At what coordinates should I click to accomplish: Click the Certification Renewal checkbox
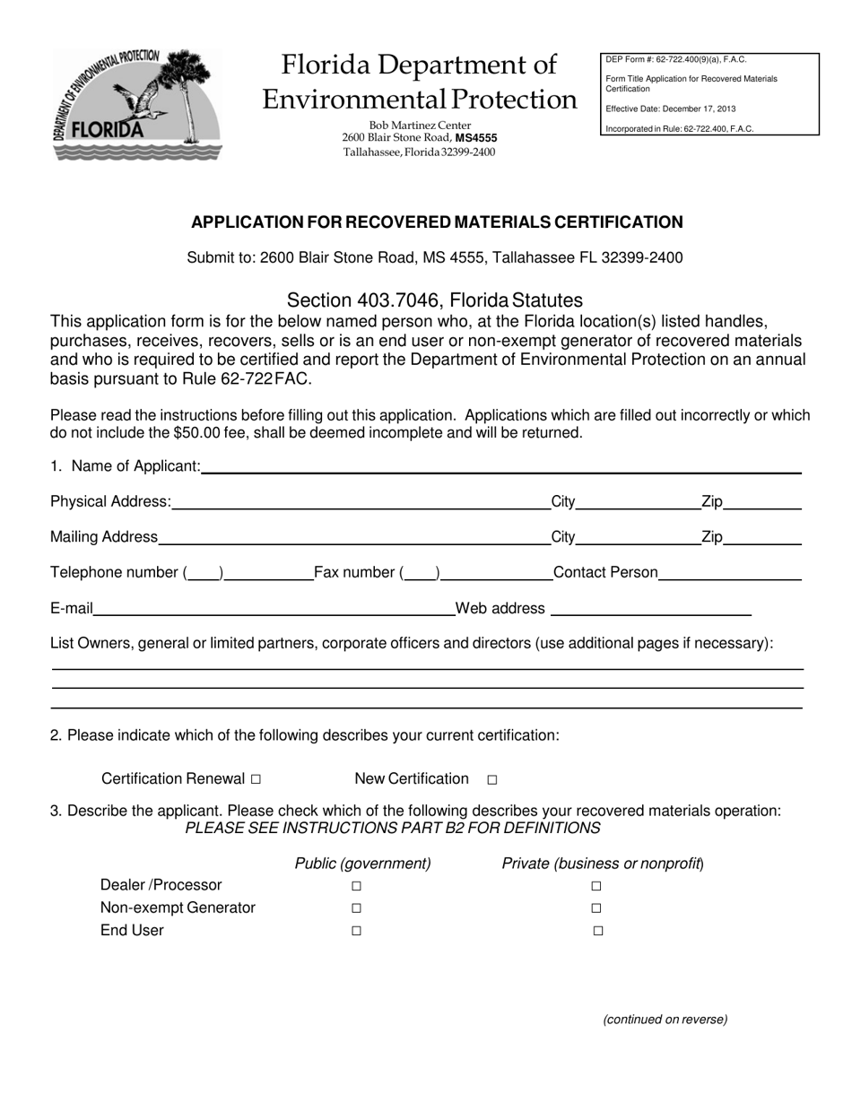click(x=256, y=780)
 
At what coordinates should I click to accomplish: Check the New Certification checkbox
click(x=491, y=780)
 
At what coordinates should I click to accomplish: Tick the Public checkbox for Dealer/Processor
click(x=356, y=886)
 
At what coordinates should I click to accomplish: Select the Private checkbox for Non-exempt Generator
click(x=596, y=908)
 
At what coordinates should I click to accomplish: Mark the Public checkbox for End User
click(x=356, y=931)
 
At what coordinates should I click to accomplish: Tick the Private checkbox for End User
click(x=598, y=931)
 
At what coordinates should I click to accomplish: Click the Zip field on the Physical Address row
click(x=761, y=501)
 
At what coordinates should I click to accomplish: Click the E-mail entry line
click(x=274, y=609)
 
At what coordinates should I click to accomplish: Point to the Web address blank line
click(x=650, y=609)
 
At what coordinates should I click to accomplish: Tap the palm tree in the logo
click(x=190, y=85)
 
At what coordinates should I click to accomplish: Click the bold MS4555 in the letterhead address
click(x=476, y=138)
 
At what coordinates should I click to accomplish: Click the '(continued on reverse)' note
click(x=665, y=1019)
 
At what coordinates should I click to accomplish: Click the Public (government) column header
click(x=362, y=864)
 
